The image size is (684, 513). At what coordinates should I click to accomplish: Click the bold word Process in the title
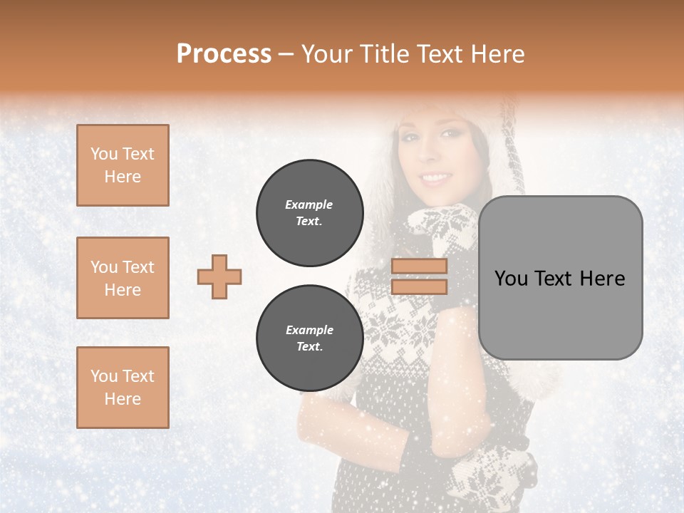(x=224, y=53)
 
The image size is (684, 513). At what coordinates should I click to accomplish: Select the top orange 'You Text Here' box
(x=123, y=165)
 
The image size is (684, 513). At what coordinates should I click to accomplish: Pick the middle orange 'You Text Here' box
(x=123, y=278)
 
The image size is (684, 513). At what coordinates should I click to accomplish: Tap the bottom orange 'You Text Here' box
(x=123, y=388)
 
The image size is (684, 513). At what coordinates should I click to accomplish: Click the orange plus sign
(x=219, y=276)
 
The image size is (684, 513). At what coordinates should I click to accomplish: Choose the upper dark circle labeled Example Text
(x=310, y=213)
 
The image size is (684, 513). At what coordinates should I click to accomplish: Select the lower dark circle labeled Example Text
(x=310, y=338)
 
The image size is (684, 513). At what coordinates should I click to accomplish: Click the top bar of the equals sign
(x=420, y=266)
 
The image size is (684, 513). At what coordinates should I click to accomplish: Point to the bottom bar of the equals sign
(x=420, y=286)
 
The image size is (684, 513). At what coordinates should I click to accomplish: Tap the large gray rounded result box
(x=561, y=278)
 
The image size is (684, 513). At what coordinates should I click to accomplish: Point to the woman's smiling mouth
(x=435, y=177)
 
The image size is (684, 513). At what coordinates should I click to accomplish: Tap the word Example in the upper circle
(x=309, y=204)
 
